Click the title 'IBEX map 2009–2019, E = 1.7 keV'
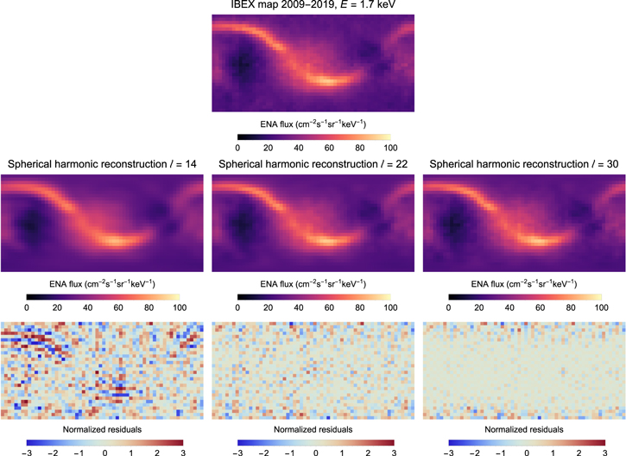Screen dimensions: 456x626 (312, 8)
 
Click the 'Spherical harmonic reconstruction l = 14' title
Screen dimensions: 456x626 (102, 164)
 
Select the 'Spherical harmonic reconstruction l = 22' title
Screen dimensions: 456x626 (313, 164)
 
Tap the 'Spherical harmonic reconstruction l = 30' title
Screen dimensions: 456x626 (523, 164)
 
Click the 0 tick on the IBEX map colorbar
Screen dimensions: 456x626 (237, 148)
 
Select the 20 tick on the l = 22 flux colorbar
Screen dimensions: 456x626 (268, 307)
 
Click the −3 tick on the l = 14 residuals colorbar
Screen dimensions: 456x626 (26, 451)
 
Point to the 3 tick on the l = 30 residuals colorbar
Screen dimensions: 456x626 (604, 451)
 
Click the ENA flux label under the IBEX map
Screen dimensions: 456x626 (312, 124)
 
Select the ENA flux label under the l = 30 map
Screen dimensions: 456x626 (523, 283)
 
